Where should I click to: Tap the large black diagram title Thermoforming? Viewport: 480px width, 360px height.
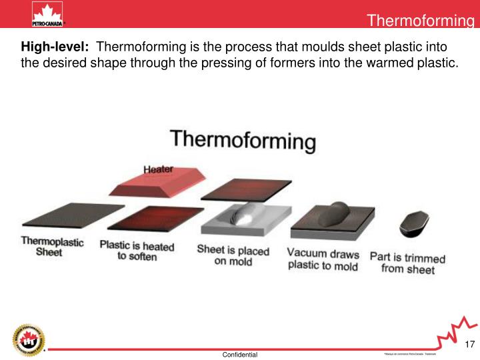[243, 140]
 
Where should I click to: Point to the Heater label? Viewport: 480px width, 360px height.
[159, 169]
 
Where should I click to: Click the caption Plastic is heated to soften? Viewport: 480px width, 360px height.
[137, 251]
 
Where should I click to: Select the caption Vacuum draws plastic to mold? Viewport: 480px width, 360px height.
[323, 260]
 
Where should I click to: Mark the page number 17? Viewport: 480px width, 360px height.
[469, 344]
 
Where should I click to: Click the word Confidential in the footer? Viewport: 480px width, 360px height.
[240, 355]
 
